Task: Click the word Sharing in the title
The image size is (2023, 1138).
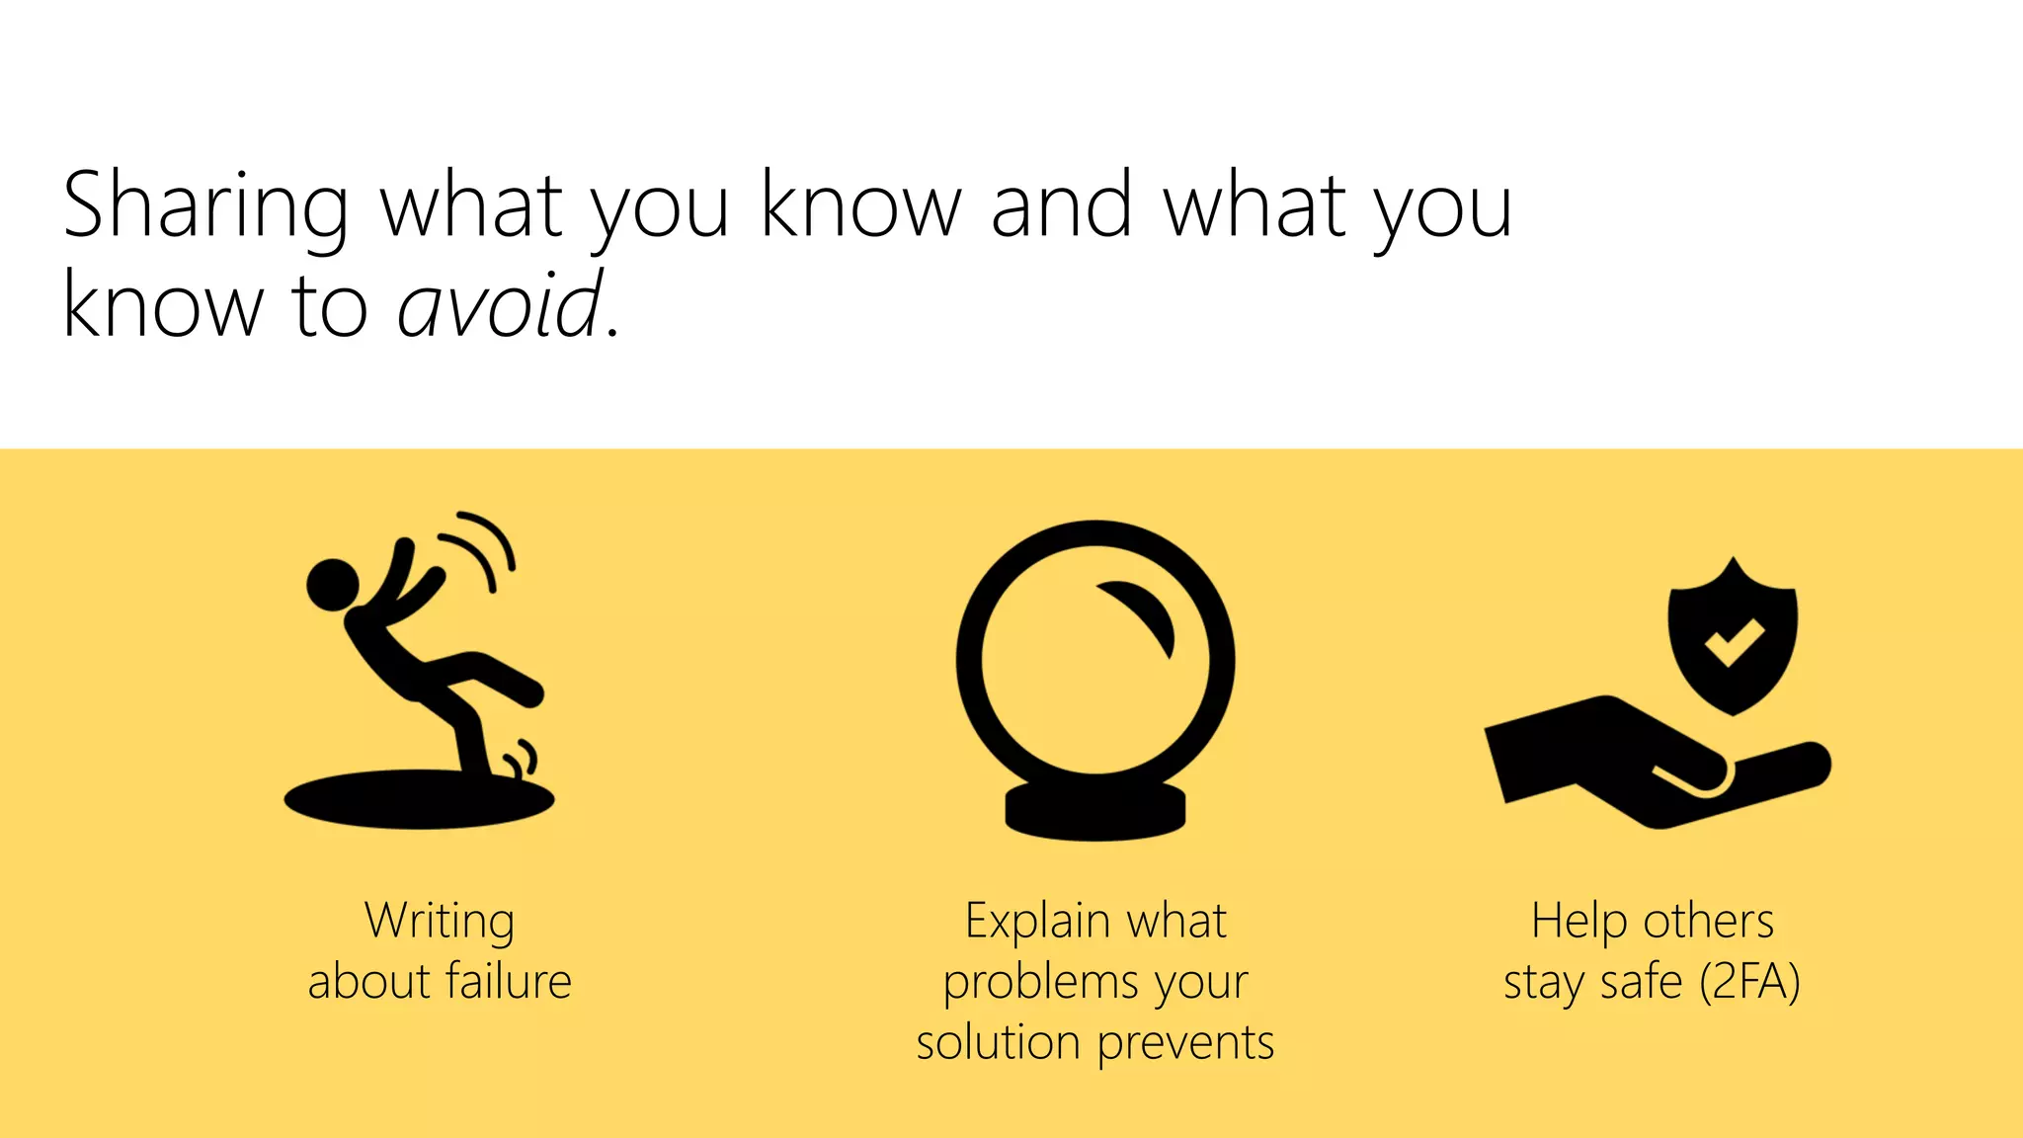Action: click(x=205, y=206)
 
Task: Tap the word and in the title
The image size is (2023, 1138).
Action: click(x=1061, y=206)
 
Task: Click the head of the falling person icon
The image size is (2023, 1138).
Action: click(x=333, y=585)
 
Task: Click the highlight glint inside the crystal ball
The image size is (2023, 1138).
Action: click(x=1142, y=613)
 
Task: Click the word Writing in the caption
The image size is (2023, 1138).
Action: click(x=440, y=921)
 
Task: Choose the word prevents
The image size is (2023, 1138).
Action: click(x=1185, y=1043)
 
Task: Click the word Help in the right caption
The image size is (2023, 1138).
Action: click(x=1578, y=921)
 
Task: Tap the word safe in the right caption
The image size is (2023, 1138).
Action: click(x=1641, y=982)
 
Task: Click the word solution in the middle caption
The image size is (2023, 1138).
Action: click(x=998, y=1043)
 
